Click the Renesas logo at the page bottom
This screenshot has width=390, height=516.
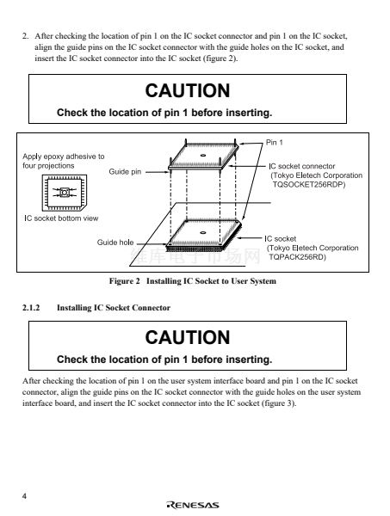(193, 505)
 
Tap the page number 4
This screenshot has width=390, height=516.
(24, 496)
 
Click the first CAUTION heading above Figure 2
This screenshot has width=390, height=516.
(188, 90)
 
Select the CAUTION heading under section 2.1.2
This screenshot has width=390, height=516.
(188, 337)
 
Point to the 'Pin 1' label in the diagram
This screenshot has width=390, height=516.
(274, 142)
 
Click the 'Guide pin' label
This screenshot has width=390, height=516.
(125, 171)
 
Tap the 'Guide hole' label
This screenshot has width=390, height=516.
(115, 243)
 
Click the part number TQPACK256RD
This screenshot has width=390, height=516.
(297, 256)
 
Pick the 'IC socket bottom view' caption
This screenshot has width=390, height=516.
(61, 218)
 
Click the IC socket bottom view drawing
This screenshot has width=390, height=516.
(65, 193)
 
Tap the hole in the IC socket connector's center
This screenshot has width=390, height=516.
(203, 156)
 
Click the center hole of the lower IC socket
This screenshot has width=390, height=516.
(203, 233)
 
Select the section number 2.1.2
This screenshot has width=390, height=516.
(31, 308)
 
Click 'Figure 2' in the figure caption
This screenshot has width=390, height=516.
(125, 281)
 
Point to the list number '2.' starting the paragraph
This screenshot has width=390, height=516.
(25, 36)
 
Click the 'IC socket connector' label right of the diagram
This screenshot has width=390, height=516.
(302, 166)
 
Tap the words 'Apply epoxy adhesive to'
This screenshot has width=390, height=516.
(64, 157)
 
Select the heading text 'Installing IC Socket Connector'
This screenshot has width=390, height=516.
(114, 308)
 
